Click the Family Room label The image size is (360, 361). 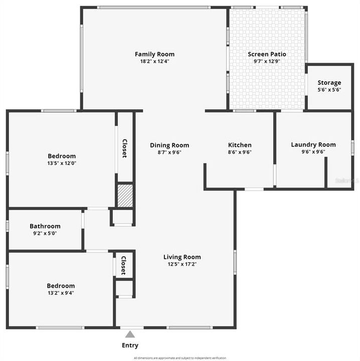(154, 54)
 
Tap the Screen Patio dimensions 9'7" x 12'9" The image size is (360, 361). (267, 62)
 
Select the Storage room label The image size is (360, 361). (329, 83)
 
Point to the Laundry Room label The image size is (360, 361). (313, 145)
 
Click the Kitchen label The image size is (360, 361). (240, 145)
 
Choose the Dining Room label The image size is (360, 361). (169, 145)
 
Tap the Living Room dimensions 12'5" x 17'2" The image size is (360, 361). (182, 264)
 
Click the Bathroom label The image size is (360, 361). (45, 226)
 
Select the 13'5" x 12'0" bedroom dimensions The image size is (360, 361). (62, 163)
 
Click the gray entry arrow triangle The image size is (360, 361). (130, 334)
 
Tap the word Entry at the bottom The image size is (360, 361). (130, 345)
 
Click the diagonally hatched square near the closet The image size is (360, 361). (125, 196)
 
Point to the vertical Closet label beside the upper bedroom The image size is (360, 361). (125, 148)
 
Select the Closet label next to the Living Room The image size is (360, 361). (123, 264)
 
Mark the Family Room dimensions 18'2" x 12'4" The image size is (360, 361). (154, 61)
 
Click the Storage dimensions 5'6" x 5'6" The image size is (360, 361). (329, 90)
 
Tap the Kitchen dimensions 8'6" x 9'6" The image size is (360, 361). (240, 152)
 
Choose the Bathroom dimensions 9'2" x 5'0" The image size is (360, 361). (45, 233)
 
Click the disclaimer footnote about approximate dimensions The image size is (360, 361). (180, 358)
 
